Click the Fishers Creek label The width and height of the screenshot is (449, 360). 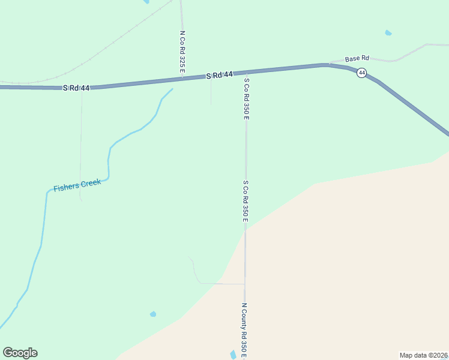click(77, 185)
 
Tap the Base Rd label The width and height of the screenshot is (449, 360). click(357, 59)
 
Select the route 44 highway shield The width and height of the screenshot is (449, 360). click(361, 73)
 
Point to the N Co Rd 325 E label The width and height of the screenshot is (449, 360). click(182, 53)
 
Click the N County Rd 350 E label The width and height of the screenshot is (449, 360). click(244, 330)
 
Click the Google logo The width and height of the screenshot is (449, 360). click(20, 353)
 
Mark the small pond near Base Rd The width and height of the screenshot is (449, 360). click(388, 32)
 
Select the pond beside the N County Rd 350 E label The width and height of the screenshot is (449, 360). click(234, 355)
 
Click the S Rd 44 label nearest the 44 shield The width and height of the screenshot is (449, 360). click(219, 76)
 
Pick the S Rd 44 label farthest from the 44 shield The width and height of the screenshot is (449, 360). click(76, 88)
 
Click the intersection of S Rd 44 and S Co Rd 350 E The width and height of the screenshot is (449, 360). click(246, 73)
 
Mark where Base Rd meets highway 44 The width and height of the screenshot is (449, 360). click(328, 64)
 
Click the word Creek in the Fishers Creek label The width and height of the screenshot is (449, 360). click(90, 183)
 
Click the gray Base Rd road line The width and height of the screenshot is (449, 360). click(408, 52)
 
